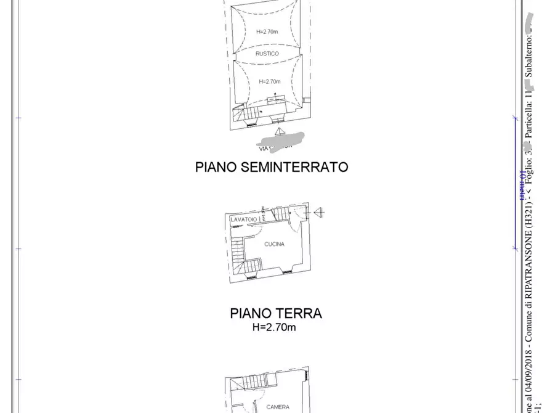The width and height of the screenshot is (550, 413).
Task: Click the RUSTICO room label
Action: pos(267,54)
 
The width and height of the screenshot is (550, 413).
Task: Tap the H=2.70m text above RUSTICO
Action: pos(267,31)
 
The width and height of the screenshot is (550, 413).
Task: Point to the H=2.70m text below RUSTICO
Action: pos(270,81)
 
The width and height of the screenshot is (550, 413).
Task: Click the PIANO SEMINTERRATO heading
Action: pos(272,166)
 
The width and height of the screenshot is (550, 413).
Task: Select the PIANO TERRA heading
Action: pos(276,313)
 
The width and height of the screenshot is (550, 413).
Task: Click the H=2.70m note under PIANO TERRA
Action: pos(274,327)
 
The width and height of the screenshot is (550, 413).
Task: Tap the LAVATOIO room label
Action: pos(243,219)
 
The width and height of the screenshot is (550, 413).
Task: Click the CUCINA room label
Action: pos(274,244)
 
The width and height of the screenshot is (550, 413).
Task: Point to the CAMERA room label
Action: pos(277,407)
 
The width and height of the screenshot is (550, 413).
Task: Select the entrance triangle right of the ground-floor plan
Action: pos(318,213)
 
